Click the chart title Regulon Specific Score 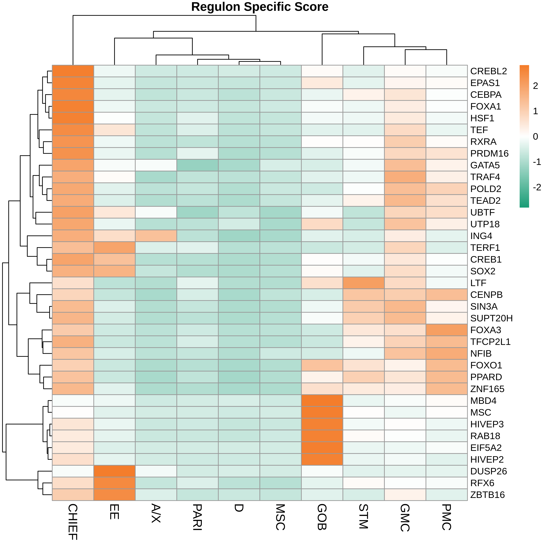260,7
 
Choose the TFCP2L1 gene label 490,342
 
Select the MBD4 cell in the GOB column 322,401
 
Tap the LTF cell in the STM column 363,283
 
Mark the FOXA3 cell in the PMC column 446,330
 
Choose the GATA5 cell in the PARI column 197,165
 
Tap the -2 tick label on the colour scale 537,187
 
